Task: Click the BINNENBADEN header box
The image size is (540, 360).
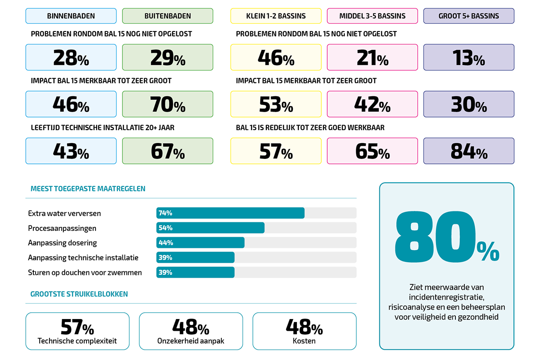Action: (x=71, y=16)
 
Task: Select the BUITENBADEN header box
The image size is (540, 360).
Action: (x=167, y=16)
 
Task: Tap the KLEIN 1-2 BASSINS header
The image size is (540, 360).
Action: (x=276, y=16)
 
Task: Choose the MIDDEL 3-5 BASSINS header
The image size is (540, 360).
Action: (x=372, y=16)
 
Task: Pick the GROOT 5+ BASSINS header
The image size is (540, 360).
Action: (x=468, y=16)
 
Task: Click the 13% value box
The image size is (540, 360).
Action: (x=468, y=58)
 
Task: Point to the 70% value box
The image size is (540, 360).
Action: (x=167, y=104)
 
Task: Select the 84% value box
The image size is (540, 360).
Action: (x=468, y=151)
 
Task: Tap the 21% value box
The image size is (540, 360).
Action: (x=372, y=58)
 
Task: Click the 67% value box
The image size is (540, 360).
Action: (x=167, y=151)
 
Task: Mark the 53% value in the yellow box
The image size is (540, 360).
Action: (x=276, y=104)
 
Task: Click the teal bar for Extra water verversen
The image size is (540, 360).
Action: (x=230, y=213)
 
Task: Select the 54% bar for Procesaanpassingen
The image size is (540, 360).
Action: (x=210, y=228)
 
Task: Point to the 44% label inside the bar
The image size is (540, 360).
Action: (x=166, y=243)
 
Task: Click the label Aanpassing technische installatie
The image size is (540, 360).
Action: (x=83, y=258)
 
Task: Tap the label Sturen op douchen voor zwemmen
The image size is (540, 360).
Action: (x=85, y=272)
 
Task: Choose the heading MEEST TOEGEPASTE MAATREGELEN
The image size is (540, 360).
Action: (x=88, y=189)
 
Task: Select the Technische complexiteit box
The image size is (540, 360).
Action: (x=77, y=331)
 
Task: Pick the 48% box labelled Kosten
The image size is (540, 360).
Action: (x=304, y=331)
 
